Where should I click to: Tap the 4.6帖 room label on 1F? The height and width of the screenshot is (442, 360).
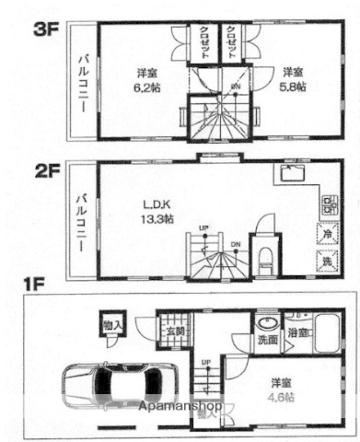pos(282,389)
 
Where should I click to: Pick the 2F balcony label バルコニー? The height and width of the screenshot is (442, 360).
pos(82,219)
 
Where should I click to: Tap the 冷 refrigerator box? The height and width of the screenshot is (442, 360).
pos(329,234)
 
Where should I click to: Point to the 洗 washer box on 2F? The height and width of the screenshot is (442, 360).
pos(329,261)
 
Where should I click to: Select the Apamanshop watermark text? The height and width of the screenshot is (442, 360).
pos(182,406)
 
